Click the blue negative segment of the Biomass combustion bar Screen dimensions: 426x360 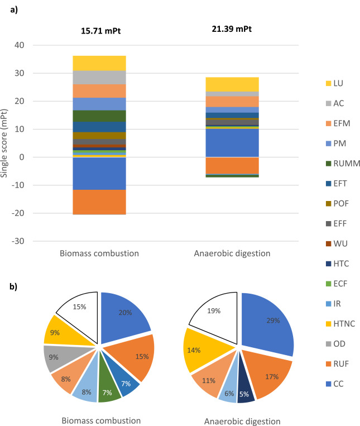[x=99, y=174]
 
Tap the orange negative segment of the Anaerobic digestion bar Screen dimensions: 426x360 [x=232, y=166]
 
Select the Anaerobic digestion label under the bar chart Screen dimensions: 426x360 [x=232, y=253]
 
